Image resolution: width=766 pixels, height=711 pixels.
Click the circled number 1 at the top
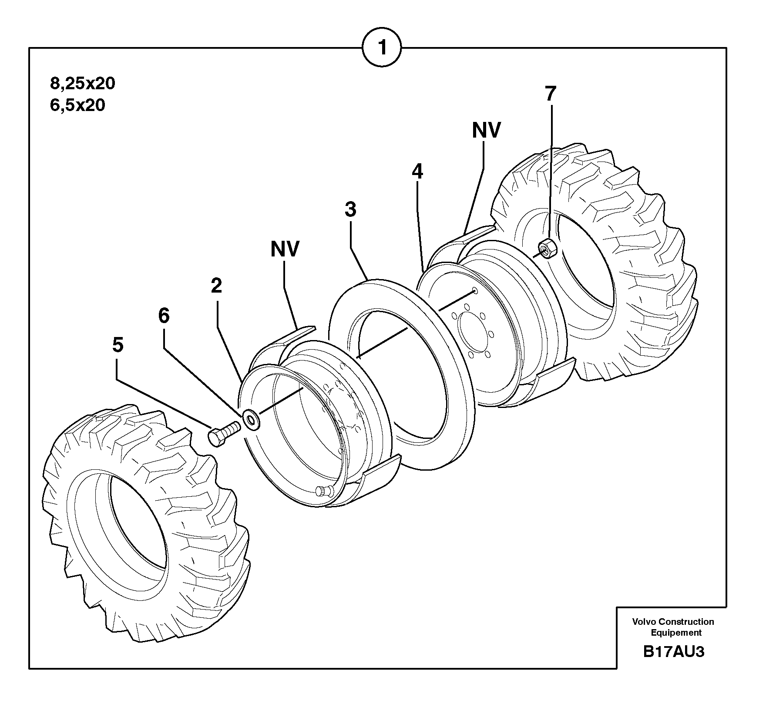point(382,47)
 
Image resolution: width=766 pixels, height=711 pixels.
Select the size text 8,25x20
point(83,83)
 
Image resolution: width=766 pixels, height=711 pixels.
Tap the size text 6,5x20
point(77,105)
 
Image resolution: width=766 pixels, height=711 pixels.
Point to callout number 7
point(550,94)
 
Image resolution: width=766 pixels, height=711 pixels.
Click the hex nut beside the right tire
point(546,249)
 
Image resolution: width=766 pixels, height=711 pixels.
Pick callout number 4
point(417,172)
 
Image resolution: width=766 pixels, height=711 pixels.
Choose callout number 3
point(350,210)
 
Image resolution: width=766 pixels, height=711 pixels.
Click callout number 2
point(216,286)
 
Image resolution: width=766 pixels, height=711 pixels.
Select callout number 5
point(118,345)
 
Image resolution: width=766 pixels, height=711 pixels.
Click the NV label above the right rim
point(487,130)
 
